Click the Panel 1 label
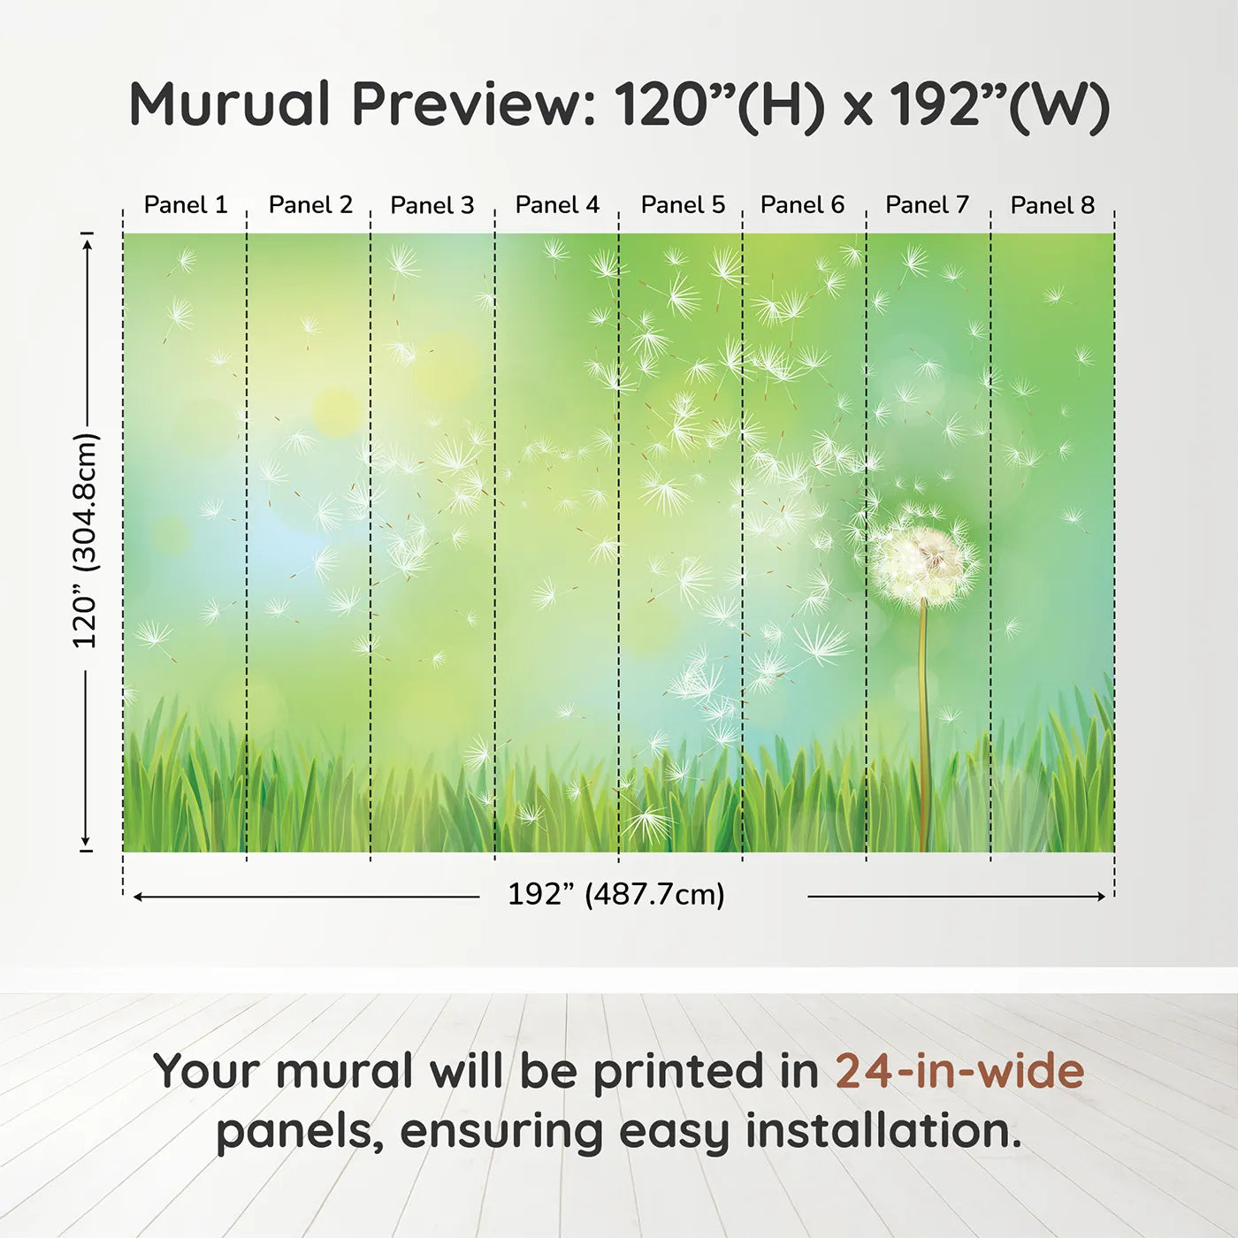click(x=186, y=205)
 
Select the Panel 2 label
click(x=310, y=205)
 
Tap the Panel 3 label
click(x=432, y=205)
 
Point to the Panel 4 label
click(x=557, y=205)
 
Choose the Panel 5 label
click(x=683, y=205)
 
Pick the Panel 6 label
click(x=802, y=205)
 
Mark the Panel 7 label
click(x=927, y=205)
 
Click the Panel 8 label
click(x=1052, y=205)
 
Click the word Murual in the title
click(x=230, y=104)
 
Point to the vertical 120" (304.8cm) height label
click(x=86, y=541)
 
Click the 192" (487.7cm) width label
click(x=615, y=895)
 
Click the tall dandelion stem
click(x=924, y=725)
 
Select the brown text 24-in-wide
click(x=959, y=1072)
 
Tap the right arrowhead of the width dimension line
click(x=1101, y=897)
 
